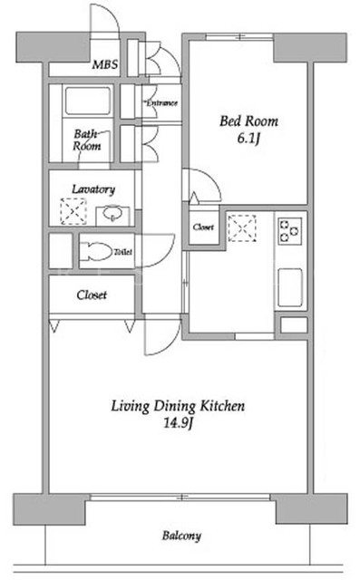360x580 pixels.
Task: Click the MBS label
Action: click(105, 64)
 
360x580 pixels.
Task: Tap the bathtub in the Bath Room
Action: click(88, 101)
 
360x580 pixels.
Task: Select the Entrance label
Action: click(161, 102)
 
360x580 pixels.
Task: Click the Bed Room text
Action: click(248, 121)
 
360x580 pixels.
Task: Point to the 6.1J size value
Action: click(248, 139)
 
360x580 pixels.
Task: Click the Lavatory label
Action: click(93, 189)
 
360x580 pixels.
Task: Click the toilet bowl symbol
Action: click(96, 252)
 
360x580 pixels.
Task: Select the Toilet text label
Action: click(122, 252)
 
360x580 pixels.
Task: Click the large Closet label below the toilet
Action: click(92, 295)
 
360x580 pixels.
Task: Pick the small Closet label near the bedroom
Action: click(203, 227)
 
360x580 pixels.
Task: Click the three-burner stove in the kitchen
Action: click(290, 231)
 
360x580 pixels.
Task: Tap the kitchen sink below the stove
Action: click(290, 287)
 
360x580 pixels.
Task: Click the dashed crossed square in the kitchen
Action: click(242, 228)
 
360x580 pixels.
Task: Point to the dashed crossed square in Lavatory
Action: click(73, 211)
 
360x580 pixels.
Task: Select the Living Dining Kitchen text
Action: click(178, 406)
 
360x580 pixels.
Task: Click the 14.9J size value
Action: click(178, 423)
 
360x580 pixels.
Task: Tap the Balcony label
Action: click(181, 536)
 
